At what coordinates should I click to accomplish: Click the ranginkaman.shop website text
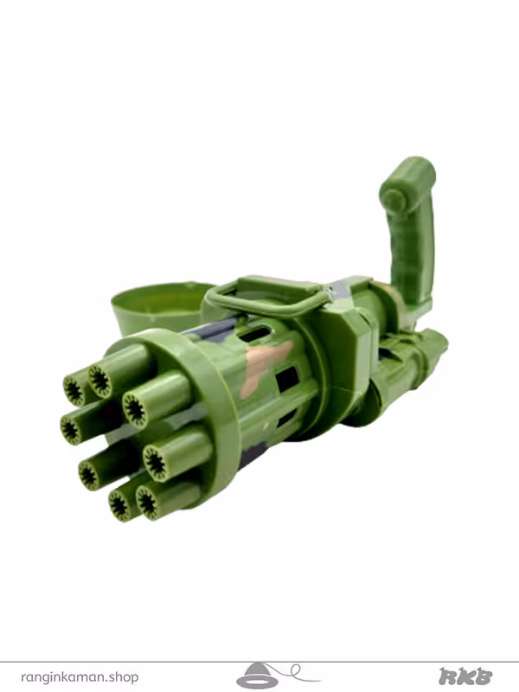click(80, 676)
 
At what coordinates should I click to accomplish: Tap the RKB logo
click(465, 676)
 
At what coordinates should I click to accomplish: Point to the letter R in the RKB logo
click(448, 676)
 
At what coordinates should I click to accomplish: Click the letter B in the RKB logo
click(484, 676)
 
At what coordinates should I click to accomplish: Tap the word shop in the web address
click(125, 676)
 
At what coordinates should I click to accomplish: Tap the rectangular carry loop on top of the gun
click(266, 296)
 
